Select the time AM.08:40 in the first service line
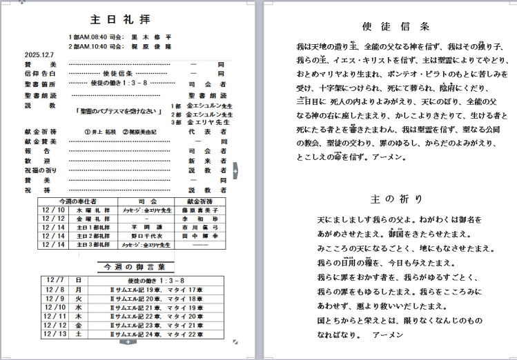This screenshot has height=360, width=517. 94,37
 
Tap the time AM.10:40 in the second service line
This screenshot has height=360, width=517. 94,46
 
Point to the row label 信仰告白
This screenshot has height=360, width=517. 40,72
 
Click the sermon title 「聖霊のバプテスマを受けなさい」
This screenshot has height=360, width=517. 119,110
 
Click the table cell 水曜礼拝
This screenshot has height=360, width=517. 93,210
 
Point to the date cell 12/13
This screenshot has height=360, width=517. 54,334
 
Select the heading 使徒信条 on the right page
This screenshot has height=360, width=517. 396,26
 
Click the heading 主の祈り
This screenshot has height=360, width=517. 396,199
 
